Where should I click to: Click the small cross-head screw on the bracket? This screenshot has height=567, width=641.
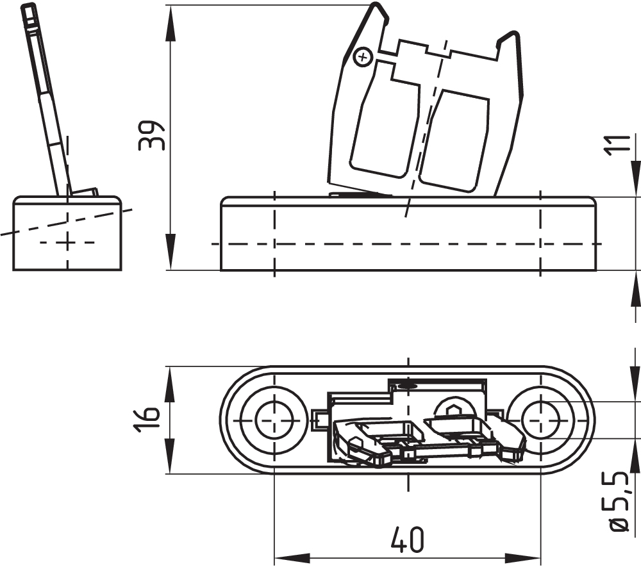click(x=363, y=58)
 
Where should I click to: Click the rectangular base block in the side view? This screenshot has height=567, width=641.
click(x=67, y=234)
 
